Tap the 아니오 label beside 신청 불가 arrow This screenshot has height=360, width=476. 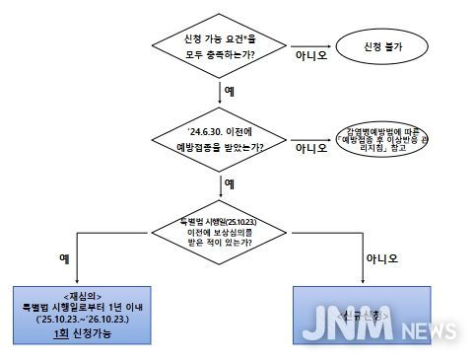[310, 55]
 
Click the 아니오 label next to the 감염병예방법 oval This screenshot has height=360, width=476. [310, 150]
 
